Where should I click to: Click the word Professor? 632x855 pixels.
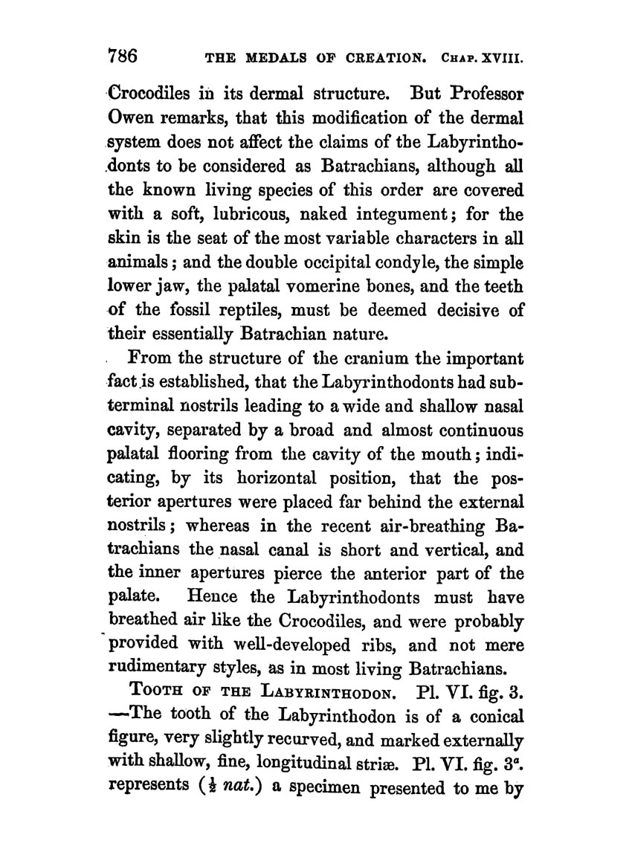pos(480,96)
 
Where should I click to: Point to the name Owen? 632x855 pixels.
pos(135,119)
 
